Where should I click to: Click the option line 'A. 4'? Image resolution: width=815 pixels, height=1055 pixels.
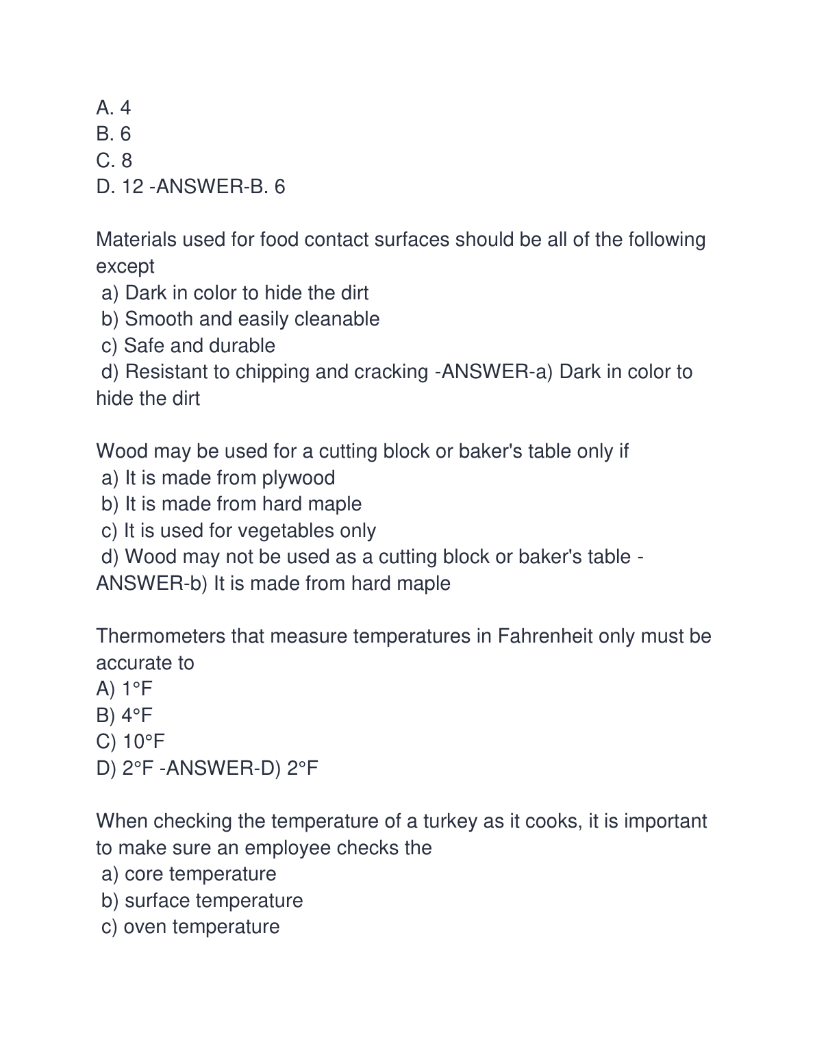(114, 108)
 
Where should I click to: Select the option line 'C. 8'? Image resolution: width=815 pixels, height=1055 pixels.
(114, 160)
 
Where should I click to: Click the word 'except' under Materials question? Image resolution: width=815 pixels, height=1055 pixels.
(125, 266)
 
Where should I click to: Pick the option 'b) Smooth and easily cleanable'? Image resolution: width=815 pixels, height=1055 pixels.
(240, 319)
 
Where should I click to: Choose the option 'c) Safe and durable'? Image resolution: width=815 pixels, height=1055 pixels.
(188, 345)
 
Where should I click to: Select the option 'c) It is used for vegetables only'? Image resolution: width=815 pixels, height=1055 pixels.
(238, 531)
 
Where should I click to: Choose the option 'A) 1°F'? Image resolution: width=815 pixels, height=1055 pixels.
(125, 688)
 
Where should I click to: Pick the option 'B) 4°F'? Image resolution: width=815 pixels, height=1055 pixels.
(125, 715)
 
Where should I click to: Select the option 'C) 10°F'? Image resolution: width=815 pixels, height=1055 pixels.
(131, 741)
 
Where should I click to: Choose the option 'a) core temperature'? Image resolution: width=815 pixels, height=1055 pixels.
(188, 874)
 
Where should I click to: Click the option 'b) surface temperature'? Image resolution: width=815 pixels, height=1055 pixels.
(201, 900)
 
